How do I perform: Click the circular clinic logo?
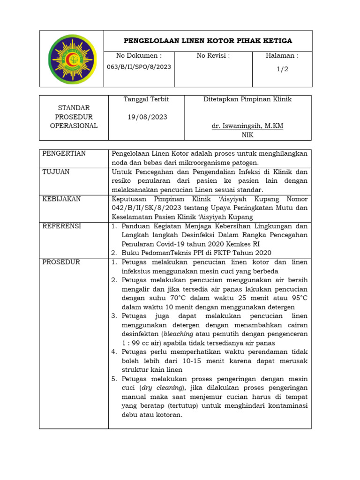72,59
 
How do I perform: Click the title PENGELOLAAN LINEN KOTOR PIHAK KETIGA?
208,41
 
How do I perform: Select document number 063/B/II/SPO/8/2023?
139,67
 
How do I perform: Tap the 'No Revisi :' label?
213,56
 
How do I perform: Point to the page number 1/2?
282,69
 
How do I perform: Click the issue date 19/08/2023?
147,117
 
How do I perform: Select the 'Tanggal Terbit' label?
146,99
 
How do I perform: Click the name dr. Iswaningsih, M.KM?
247,126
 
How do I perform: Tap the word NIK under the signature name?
247,135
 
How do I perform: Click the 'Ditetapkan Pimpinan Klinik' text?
247,99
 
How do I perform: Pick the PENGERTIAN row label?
64,154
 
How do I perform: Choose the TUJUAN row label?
56,172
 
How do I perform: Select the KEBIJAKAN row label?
61,199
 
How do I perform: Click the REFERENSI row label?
61,226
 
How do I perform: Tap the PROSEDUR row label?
61,262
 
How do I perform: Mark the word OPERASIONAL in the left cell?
74,126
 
